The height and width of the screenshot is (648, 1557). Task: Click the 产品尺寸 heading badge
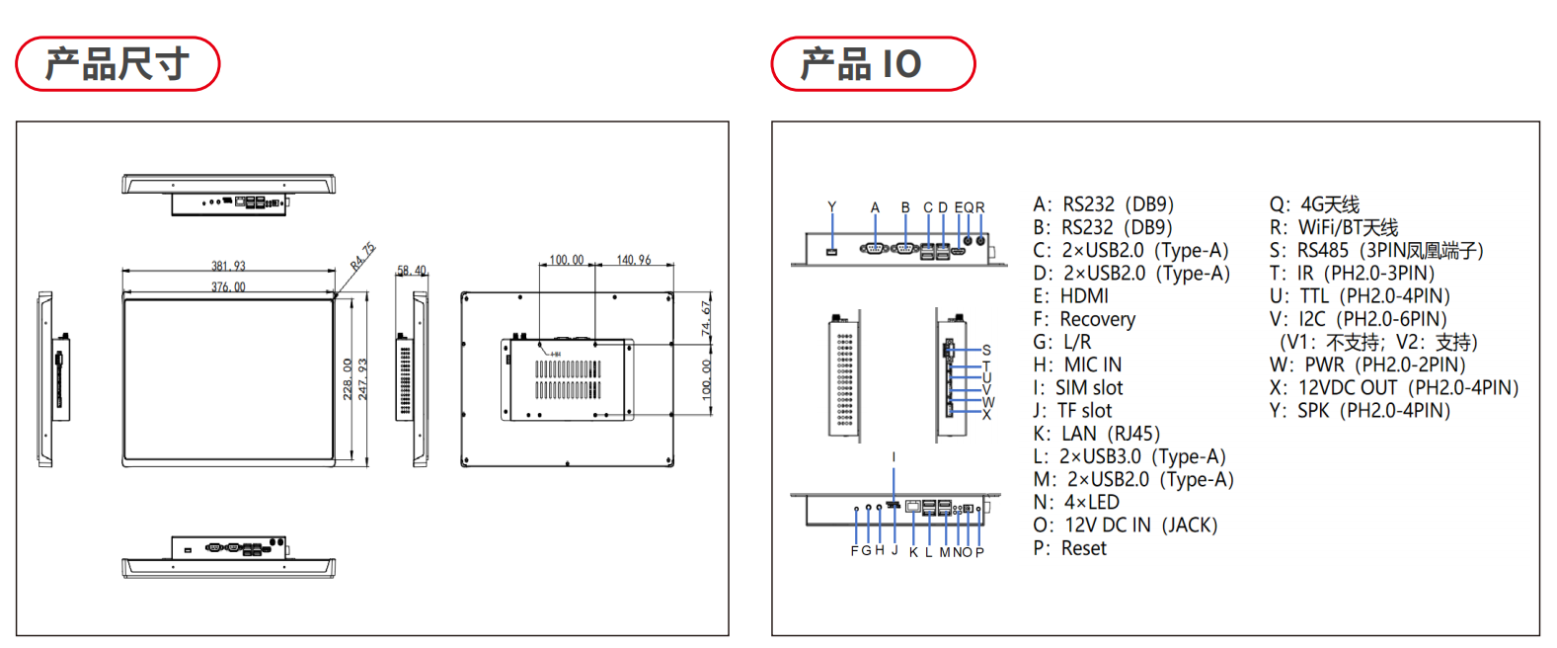(117, 64)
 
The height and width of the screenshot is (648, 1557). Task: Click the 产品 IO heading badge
(872, 64)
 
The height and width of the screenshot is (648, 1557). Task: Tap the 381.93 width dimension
(228, 266)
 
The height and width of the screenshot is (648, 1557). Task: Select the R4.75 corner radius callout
(362, 256)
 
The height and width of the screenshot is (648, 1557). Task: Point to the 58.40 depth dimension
(412, 270)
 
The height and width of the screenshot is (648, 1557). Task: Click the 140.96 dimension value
(634, 260)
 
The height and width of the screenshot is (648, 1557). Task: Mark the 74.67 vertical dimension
(706, 319)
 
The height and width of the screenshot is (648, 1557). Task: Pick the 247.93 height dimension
(362, 378)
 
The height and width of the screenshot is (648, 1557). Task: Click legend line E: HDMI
(1070, 296)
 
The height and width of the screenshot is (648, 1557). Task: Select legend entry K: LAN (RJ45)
(1096, 434)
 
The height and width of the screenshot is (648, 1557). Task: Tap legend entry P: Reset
(1069, 548)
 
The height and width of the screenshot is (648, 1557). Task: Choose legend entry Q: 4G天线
(1314, 204)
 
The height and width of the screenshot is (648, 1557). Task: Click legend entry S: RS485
(1375, 251)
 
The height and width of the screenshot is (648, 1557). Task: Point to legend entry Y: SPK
(1360, 411)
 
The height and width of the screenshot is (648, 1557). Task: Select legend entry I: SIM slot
(1077, 388)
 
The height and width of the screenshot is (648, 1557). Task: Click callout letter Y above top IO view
(831, 207)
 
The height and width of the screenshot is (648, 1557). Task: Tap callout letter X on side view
(986, 415)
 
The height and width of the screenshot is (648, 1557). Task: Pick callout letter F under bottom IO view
(855, 551)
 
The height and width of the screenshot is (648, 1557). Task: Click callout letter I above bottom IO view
(894, 457)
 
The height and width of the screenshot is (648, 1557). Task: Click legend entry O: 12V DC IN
(1125, 526)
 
